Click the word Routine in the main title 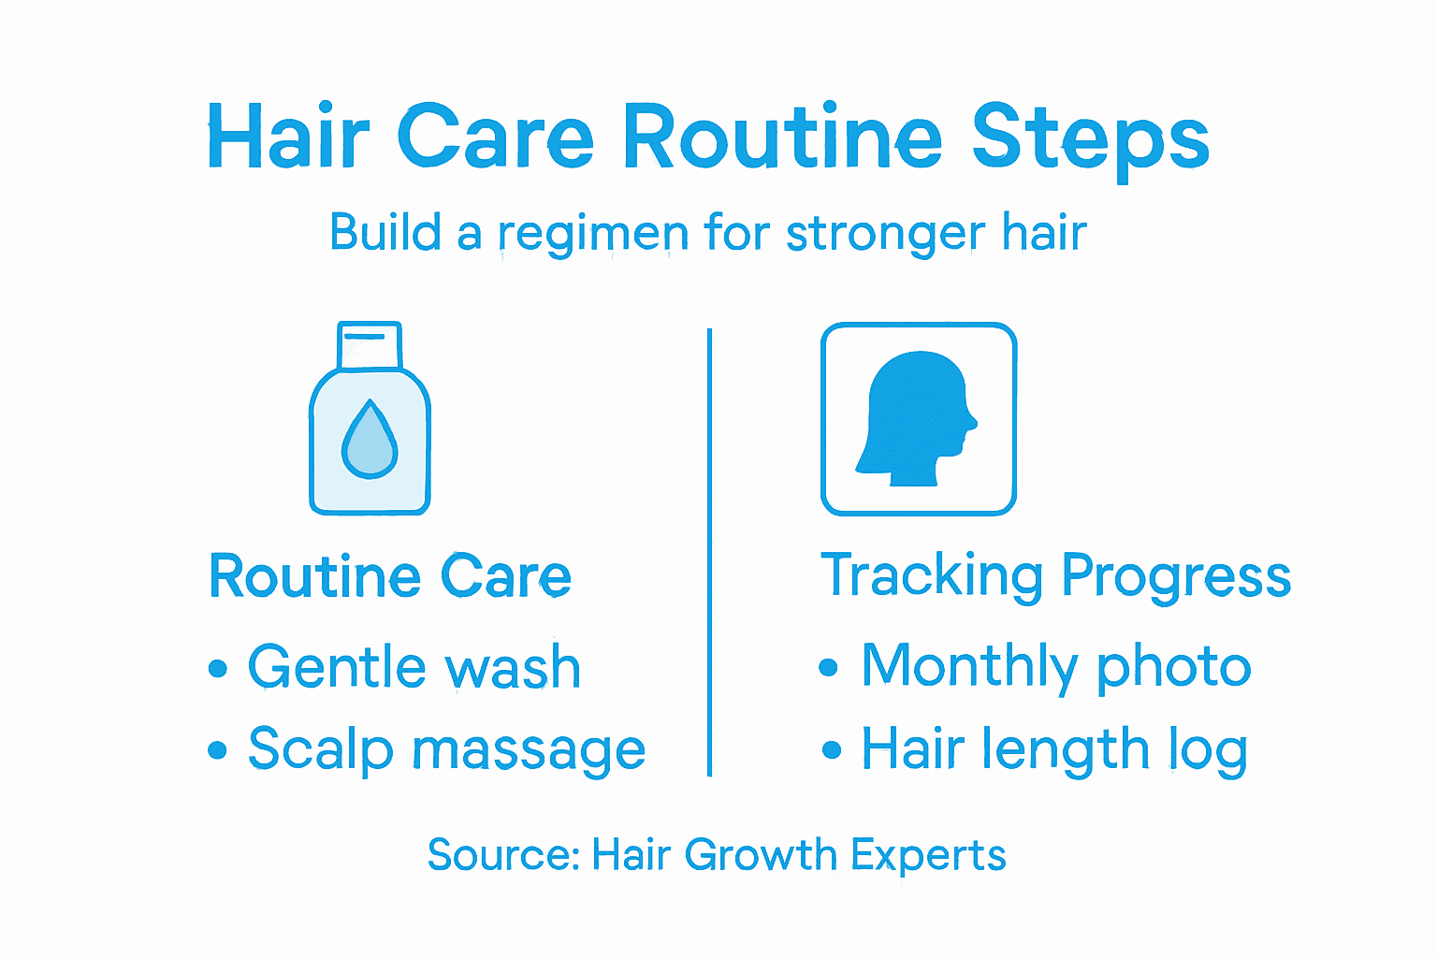point(782,138)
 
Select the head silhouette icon point(918,419)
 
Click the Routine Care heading point(389,576)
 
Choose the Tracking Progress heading point(1055,576)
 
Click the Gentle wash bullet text point(414,668)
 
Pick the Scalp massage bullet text point(446,750)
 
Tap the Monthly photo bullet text point(1055,667)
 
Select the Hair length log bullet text point(1053,749)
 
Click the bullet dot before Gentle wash point(218,669)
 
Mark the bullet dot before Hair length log point(831,750)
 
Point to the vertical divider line point(710,552)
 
